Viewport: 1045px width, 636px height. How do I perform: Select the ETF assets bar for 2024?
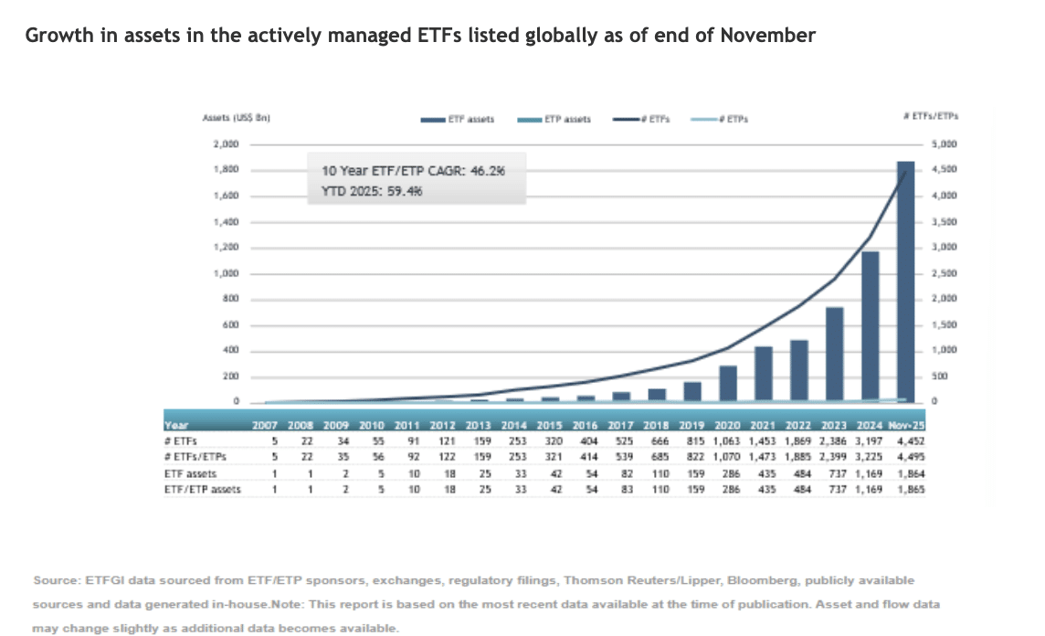pyautogui.click(x=870, y=325)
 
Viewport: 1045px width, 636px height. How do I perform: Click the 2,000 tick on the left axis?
pyautogui.click(x=225, y=144)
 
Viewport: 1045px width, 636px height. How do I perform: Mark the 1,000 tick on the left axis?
pyautogui.click(x=225, y=273)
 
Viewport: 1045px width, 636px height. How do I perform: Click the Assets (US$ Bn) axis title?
pyautogui.click(x=239, y=119)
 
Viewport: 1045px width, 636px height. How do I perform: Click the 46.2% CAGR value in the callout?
pyautogui.click(x=490, y=170)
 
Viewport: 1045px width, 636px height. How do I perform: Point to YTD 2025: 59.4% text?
pyautogui.click(x=372, y=191)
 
